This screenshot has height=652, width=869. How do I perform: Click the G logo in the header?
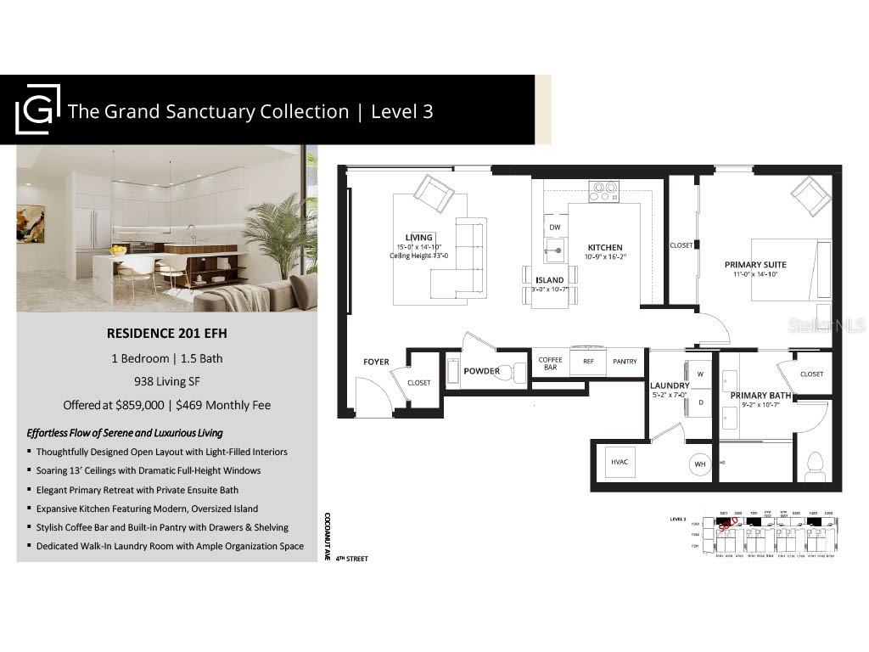38,110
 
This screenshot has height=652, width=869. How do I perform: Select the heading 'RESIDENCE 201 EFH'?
166,334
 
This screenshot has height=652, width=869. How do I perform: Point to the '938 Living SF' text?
166,381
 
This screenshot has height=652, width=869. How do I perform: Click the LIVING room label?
419,237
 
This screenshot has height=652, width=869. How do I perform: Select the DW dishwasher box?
555,228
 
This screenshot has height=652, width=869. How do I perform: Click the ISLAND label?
550,280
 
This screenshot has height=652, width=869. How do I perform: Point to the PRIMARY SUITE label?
755,264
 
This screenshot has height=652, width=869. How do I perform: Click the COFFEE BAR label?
550,364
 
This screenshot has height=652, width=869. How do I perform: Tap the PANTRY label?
625,362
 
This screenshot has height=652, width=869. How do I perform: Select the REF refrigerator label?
588,362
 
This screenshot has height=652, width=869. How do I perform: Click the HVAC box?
619,462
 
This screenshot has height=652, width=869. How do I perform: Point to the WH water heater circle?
700,464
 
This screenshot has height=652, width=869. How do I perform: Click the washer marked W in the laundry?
700,374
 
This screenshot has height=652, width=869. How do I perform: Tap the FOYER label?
376,363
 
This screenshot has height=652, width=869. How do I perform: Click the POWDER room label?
482,371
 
